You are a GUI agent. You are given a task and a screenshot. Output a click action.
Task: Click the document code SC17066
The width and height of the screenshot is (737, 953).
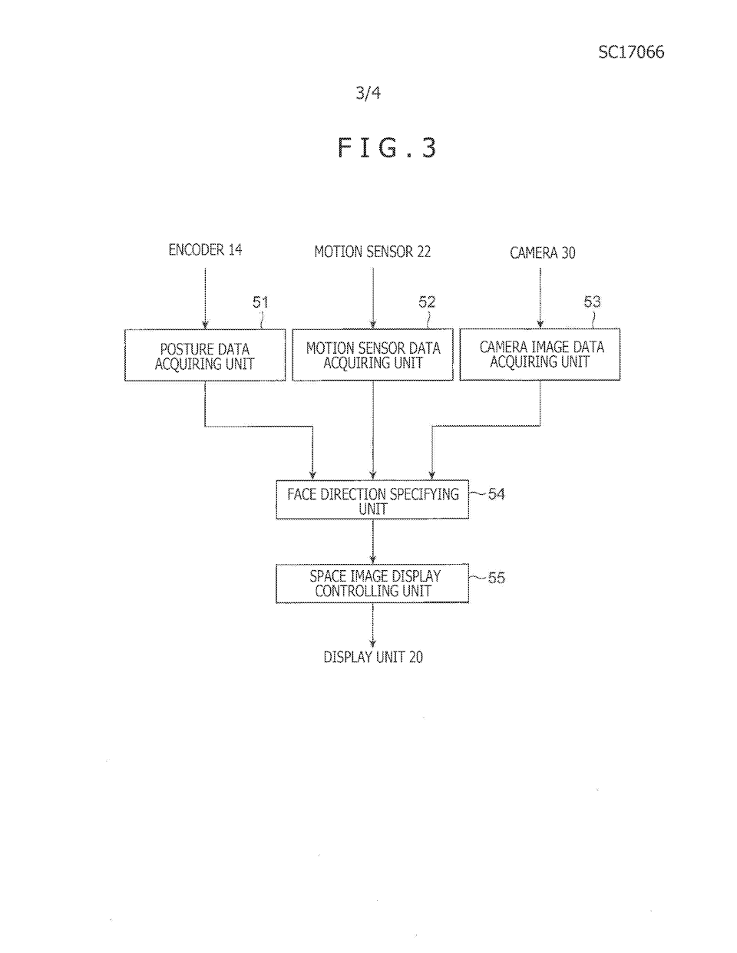[631, 52]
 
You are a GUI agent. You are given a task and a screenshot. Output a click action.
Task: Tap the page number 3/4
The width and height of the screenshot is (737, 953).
[368, 94]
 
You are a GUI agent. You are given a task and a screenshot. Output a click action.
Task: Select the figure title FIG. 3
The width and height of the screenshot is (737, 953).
[388, 147]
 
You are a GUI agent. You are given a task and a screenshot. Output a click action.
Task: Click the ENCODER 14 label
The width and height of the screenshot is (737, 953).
[205, 249]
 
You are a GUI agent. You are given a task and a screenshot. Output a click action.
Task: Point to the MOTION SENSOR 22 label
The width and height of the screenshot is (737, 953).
[372, 252]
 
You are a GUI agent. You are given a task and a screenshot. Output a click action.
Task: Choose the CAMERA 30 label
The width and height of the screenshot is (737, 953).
[542, 252]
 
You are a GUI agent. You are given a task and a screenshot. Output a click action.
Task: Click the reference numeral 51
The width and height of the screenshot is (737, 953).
[261, 302]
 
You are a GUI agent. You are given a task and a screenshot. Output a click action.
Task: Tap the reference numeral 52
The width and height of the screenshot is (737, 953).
[427, 302]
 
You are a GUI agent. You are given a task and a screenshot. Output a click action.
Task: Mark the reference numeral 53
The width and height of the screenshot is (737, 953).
[592, 302]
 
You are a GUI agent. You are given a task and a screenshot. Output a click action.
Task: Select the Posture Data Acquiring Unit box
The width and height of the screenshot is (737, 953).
[205, 355]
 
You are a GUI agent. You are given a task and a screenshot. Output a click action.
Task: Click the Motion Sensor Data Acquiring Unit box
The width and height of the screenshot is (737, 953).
[373, 355]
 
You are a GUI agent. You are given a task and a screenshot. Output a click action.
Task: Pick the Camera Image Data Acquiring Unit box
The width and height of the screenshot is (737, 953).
[540, 354]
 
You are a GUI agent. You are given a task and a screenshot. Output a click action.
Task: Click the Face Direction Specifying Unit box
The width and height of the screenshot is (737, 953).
[372, 500]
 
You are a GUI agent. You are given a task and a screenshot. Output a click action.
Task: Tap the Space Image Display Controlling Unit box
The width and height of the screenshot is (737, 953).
[372, 583]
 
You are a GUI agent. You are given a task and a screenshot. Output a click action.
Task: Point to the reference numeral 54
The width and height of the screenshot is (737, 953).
[497, 494]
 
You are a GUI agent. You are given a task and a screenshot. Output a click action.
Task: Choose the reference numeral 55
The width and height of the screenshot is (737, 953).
[497, 578]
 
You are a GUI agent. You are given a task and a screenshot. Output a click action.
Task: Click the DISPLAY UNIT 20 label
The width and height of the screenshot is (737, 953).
[373, 657]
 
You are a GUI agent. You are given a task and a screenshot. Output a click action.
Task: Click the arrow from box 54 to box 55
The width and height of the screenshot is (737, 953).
[373, 542]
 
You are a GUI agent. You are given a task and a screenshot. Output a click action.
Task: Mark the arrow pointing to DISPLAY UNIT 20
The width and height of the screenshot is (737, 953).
[373, 625]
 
